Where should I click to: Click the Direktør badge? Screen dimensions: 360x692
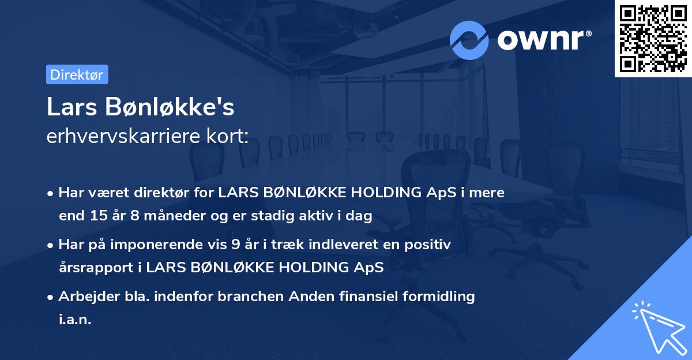[77, 74]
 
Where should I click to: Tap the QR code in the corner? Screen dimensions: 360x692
[653, 39]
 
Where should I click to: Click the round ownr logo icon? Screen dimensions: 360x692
[469, 40]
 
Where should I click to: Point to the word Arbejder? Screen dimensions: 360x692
[85, 297]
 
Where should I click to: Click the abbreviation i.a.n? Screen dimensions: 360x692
[75, 319]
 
